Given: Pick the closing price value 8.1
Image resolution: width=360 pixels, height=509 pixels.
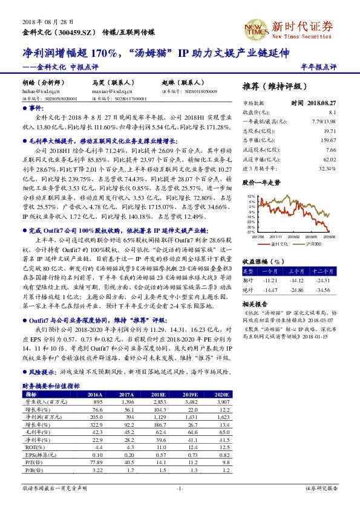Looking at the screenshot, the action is click(x=332, y=112).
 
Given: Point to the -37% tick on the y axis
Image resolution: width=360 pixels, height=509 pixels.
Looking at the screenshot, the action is click(x=250, y=232).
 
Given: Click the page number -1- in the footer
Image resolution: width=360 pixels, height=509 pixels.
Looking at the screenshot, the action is click(x=180, y=487).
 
